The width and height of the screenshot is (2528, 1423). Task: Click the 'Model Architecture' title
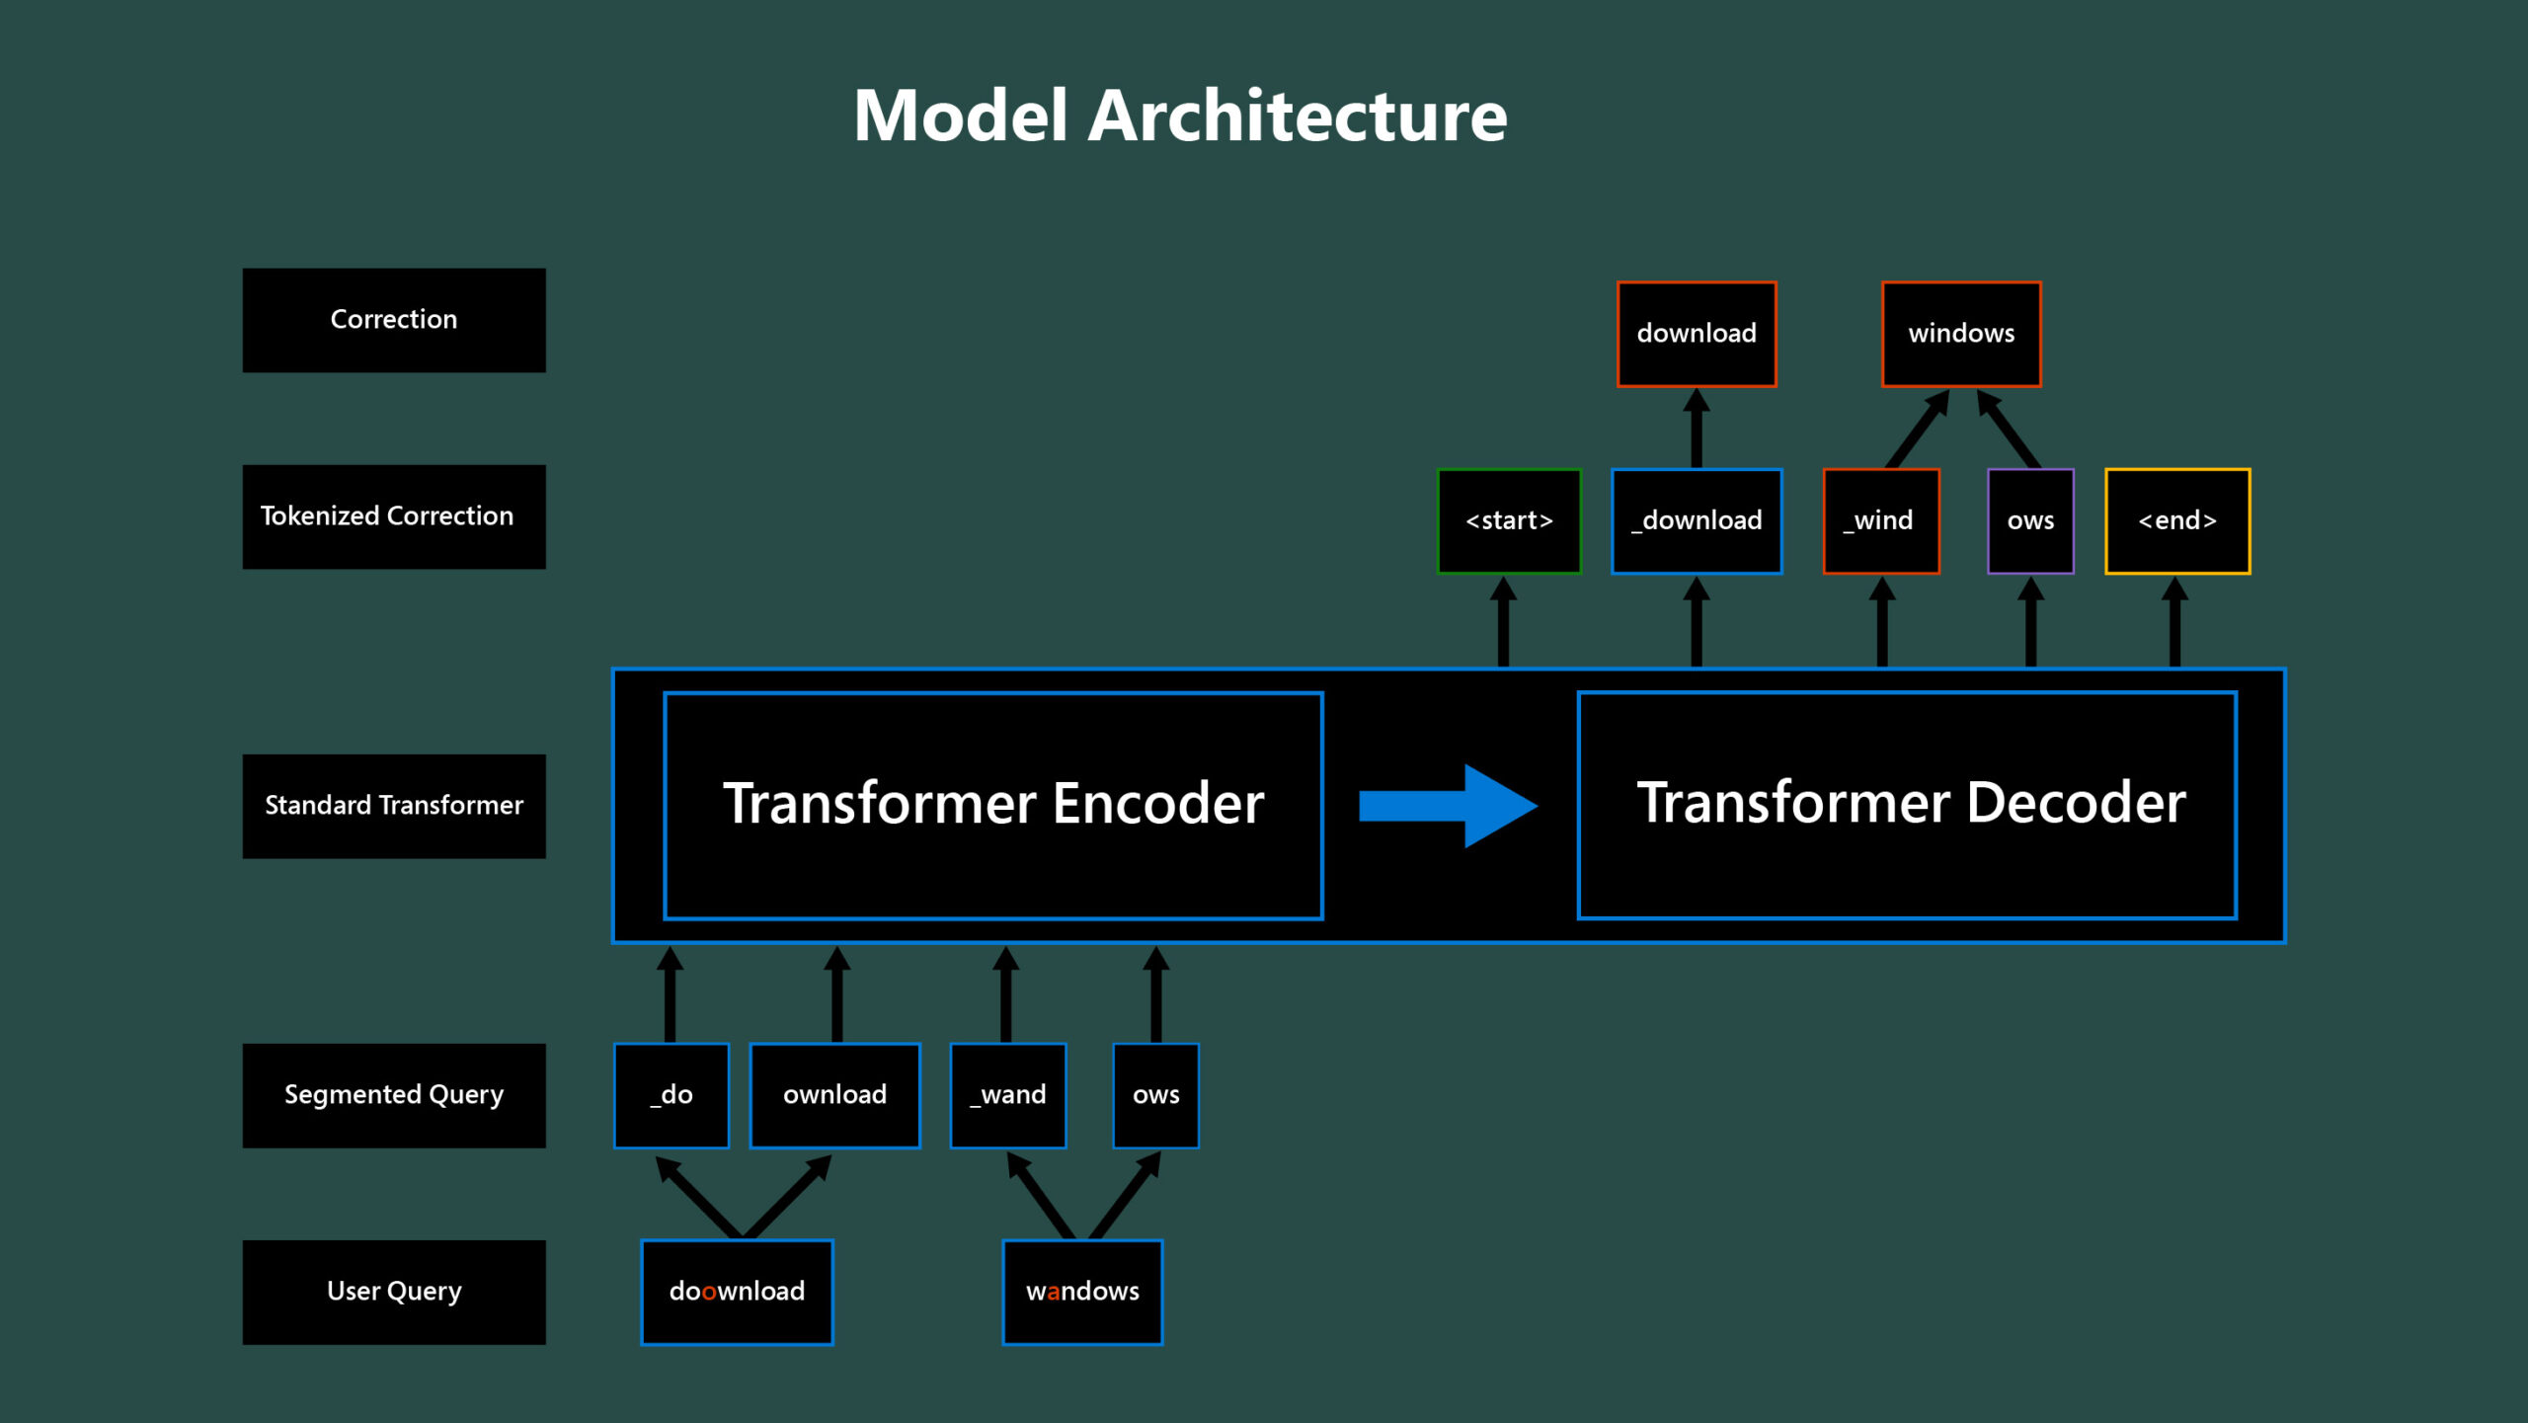coord(1179,117)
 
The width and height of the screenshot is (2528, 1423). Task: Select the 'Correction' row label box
coord(393,320)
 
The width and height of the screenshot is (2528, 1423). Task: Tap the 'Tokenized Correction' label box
coord(393,516)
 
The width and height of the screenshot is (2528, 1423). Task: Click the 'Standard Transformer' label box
coord(393,806)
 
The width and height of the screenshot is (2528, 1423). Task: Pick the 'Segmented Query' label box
coord(393,1095)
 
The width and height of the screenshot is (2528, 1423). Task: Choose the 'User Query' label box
coord(393,1292)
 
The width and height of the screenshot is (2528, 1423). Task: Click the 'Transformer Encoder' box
coord(992,805)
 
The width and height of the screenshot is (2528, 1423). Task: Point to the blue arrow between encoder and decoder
coord(1447,806)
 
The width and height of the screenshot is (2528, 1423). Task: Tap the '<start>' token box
coord(1508,520)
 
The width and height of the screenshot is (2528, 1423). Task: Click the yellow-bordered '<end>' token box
coord(2176,520)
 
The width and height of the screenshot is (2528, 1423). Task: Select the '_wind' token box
coord(1880,520)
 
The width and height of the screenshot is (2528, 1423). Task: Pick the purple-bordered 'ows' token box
coord(2029,520)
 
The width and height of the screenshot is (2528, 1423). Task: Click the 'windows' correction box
coord(1960,334)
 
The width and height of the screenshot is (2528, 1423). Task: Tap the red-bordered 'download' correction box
coord(1696,334)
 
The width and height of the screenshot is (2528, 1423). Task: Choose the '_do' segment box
coord(671,1095)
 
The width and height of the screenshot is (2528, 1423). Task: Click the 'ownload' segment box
coord(834,1095)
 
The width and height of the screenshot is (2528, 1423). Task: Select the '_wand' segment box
coord(1007,1095)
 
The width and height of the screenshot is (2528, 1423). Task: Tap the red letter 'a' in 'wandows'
coord(1053,1293)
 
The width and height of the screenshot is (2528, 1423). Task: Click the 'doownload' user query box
coord(737,1292)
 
